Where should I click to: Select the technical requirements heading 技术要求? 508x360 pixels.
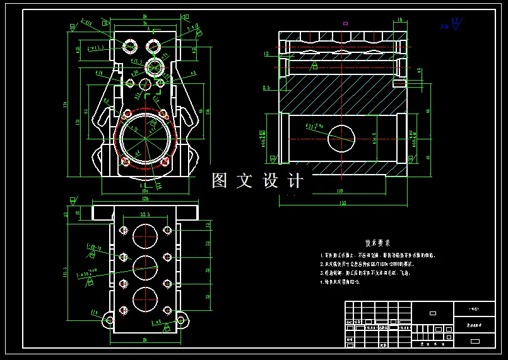[x=377, y=243]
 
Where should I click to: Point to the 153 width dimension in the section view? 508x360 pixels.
[x=342, y=202]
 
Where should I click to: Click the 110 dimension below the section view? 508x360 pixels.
[x=340, y=190]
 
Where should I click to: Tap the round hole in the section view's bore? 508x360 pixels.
[x=341, y=137]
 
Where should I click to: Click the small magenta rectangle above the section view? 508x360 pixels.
[x=345, y=23]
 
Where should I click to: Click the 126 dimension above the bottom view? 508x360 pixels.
[x=145, y=199]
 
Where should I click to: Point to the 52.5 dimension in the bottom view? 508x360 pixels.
[x=145, y=215]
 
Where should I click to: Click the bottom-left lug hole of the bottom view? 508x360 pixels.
[x=110, y=320]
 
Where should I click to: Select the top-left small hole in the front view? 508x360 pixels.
[x=131, y=45]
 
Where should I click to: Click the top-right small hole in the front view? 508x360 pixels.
[x=153, y=45]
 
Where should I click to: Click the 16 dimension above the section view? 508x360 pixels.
[x=400, y=20]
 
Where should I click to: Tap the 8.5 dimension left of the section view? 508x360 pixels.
[x=266, y=88]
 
